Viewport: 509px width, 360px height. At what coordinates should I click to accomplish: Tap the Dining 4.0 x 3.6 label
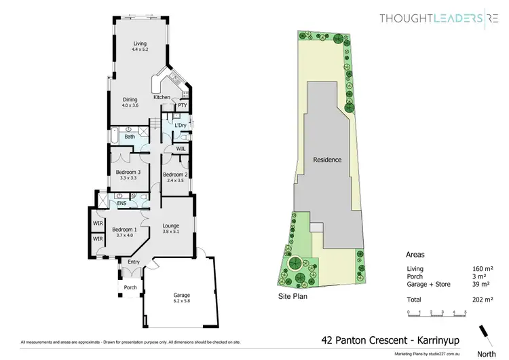(x=130, y=102)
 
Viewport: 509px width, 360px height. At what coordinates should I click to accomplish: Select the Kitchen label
(x=162, y=98)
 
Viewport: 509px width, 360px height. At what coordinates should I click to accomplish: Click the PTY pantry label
(x=182, y=106)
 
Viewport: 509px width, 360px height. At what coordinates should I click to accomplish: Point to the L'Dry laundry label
(x=180, y=126)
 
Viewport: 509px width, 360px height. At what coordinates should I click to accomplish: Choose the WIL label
(x=181, y=147)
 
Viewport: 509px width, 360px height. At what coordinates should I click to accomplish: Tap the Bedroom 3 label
(x=128, y=175)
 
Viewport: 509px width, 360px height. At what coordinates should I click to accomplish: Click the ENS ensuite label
(x=121, y=202)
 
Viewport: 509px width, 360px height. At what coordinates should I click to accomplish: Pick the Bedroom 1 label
(x=124, y=232)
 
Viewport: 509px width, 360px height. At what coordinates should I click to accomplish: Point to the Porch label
(x=130, y=287)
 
